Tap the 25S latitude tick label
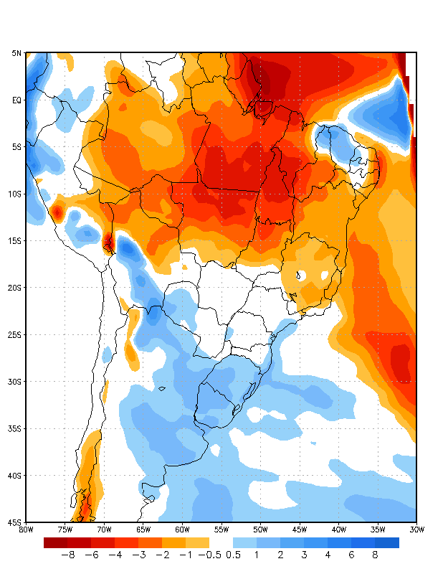(x=16, y=335)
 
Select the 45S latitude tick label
(x=16, y=522)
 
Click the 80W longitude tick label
(x=26, y=530)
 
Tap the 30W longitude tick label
(x=416, y=530)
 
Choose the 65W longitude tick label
(x=143, y=530)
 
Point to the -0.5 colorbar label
(x=209, y=555)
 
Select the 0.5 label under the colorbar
(x=233, y=555)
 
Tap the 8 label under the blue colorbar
(x=375, y=555)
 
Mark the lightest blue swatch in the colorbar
(x=244, y=542)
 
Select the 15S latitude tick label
(x=16, y=241)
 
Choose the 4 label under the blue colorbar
(x=328, y=555)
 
